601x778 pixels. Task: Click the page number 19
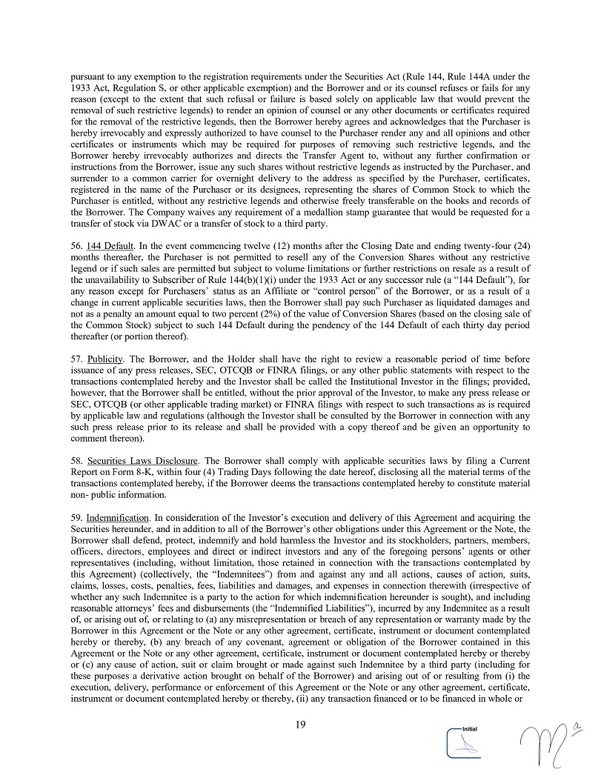click(300, 724)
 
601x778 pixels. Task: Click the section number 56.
click(76, 246)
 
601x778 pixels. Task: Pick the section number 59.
click(76, 516)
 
